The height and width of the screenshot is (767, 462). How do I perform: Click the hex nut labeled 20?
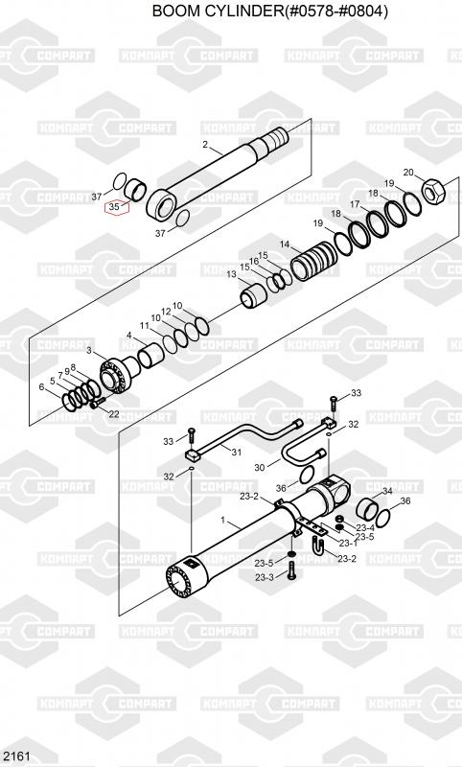[432, 191]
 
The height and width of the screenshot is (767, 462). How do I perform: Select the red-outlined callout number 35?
[114, 207]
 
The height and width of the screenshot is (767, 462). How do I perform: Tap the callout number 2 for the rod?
[205, 145]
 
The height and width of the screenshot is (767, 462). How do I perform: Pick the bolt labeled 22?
[98, 402]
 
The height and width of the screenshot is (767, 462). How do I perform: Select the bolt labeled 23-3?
[291, 570]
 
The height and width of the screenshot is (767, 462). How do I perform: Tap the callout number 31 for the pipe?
[236, 452]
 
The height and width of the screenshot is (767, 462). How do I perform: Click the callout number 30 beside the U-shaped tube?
[259, 468]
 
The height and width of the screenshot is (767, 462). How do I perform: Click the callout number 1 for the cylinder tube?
[223, 521]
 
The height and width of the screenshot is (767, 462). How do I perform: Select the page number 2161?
[15, 756]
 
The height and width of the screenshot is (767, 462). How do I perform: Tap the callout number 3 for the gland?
[89, 350]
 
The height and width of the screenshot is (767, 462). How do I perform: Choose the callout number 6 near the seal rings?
[41, 387]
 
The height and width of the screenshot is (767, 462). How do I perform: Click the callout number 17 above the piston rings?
[355, 204]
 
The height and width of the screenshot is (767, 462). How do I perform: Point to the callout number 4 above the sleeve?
[129, 335]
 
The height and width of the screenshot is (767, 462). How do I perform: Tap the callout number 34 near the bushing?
[387, 491]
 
